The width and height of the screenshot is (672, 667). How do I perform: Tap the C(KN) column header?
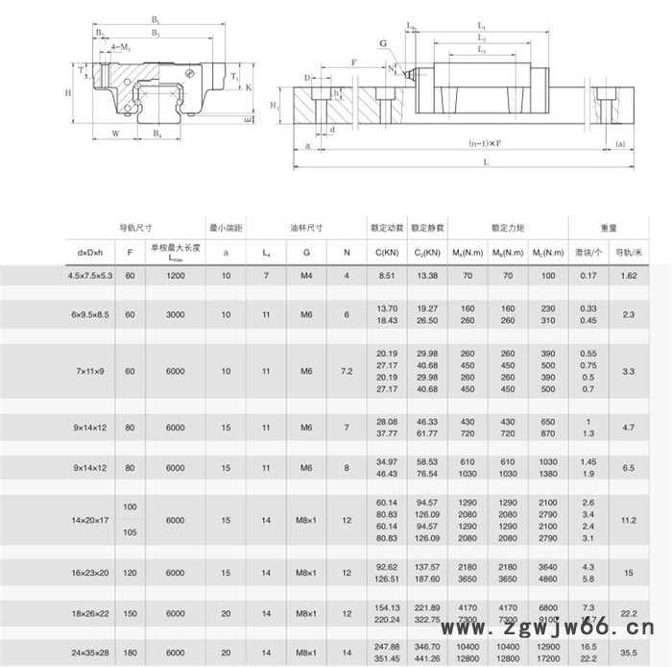(x=387, y=252)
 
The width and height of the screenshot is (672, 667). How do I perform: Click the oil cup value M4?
(x=306, y=276)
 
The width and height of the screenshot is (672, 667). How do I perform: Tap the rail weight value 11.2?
(x=630, y=519)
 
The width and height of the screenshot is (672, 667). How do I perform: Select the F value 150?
(x=130, y=613)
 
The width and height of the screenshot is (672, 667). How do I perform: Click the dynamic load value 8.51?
(x=387, y=276)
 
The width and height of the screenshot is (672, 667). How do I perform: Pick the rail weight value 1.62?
(x=630, y=276)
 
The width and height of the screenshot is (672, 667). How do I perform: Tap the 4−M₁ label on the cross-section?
(x=122, y=45)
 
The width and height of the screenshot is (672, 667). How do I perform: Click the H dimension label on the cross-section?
(x=68, y=93)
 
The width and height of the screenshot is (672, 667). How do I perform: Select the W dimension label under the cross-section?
(x=115, y=134)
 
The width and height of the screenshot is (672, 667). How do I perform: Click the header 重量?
(x=609, y=228)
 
